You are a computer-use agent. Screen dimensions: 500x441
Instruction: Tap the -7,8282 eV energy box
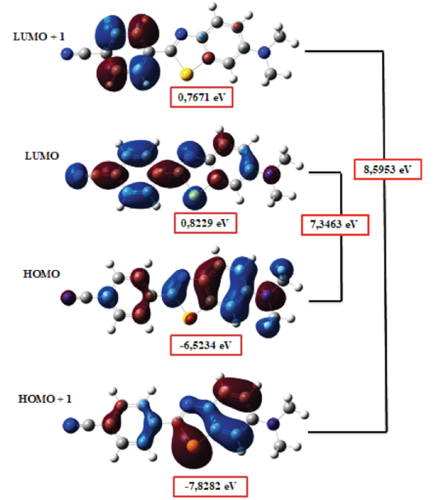point(209,486)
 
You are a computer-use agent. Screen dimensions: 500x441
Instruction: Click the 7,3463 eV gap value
point(334,225)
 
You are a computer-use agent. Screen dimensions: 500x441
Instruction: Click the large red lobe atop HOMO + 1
point(237,393)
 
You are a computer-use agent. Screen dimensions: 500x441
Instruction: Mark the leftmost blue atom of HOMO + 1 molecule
point(69,425)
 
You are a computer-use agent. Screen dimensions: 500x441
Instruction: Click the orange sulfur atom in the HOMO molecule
point(186,315)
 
